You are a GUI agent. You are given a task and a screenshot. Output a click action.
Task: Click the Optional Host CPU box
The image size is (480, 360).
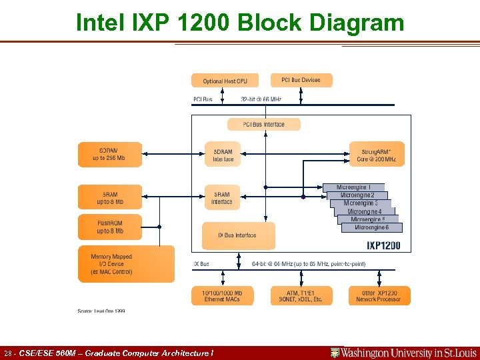tap(225, 81)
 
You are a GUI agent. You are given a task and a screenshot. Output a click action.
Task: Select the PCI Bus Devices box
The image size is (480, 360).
tap(301, 80)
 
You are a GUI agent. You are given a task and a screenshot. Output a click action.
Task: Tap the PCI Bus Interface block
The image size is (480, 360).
tap(263, 125)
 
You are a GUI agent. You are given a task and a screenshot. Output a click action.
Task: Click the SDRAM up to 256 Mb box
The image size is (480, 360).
tap(110, 154)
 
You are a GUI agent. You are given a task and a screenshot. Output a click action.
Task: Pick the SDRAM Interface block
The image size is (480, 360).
tap(223, 155)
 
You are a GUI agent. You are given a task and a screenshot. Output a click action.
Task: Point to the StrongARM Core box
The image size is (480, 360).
tap(377, 155)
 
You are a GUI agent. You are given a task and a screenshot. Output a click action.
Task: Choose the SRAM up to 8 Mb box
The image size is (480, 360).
tap(110, 197)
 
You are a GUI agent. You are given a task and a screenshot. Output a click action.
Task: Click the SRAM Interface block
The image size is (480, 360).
tap(222, 197)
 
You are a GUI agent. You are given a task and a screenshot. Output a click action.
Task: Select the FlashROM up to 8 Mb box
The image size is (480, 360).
tap(110, 227)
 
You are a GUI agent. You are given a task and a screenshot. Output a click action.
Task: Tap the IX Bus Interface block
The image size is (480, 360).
tap(238, 235)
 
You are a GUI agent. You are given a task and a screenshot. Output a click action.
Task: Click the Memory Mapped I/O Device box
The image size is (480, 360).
tap(126, 264)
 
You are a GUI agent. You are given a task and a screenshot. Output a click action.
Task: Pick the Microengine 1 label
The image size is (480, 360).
tap(359, 187)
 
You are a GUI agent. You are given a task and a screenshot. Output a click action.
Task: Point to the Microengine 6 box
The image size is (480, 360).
tap(371, 227)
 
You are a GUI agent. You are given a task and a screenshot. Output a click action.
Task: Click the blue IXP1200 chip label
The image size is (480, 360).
tap(383, 245)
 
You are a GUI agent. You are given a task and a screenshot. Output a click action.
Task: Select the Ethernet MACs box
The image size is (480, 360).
tap(222, 295)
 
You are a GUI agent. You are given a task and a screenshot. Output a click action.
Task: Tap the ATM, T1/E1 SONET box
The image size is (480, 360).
tap(301, 295)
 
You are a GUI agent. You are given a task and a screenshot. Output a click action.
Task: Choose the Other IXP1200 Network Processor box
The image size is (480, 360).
tap(379, 295)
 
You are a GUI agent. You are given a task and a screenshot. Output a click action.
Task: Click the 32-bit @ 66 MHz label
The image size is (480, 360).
tap(261, 99)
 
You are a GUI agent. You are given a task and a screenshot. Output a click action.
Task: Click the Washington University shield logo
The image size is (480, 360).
tap(335, 353)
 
